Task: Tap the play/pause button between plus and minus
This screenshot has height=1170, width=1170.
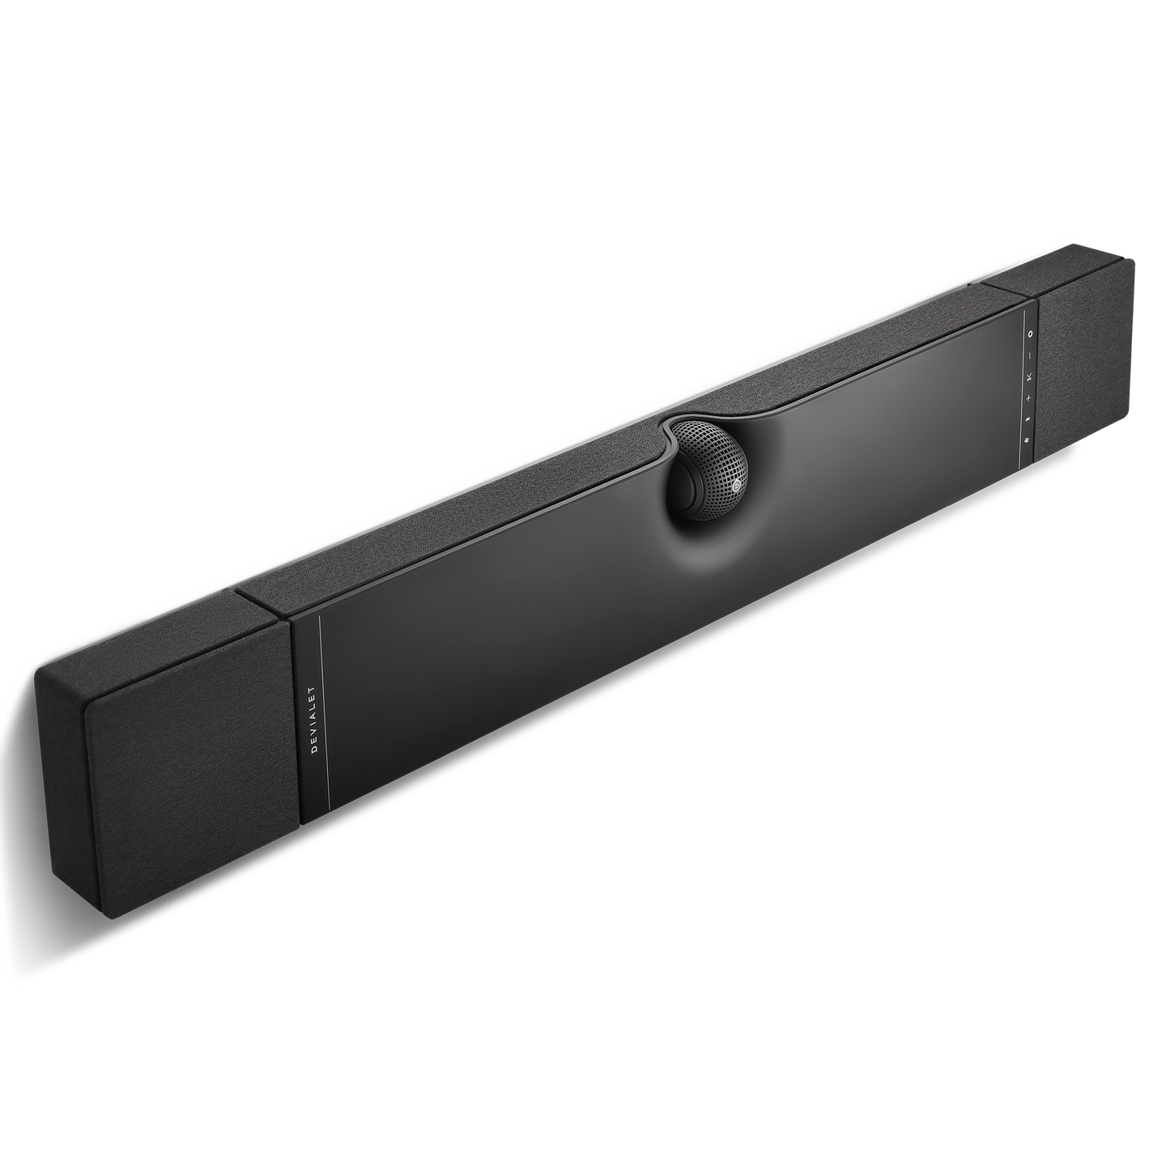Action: [x=1029, y=378]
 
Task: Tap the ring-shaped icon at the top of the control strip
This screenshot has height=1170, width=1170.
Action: [x=1030, y=334]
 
